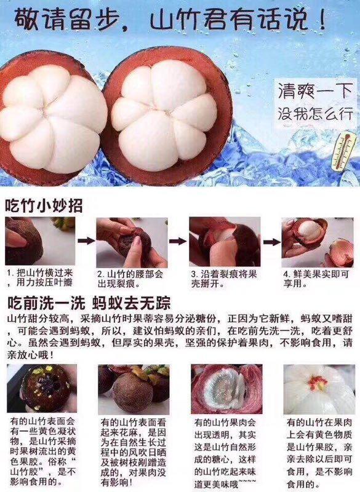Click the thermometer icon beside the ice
[344, 151]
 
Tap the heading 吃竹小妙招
[44, 205]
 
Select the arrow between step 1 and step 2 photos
[86, 241]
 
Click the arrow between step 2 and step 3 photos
[178, 241]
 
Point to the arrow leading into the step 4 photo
[271, 242]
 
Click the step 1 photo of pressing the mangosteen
[40, 241]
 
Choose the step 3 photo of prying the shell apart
[225, 242]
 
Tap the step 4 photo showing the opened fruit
[318, 242]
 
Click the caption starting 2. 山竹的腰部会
[130, 279]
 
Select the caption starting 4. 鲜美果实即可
[316, 279]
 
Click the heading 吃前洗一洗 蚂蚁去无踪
[89, 303]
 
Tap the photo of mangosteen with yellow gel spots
[42, 389]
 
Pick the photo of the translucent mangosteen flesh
[226, 389]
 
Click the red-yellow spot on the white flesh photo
[318, 383]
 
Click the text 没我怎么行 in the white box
[316, 114]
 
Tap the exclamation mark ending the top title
[321, 20]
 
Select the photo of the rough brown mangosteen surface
[134, 389]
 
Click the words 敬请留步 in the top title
[66, 20]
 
